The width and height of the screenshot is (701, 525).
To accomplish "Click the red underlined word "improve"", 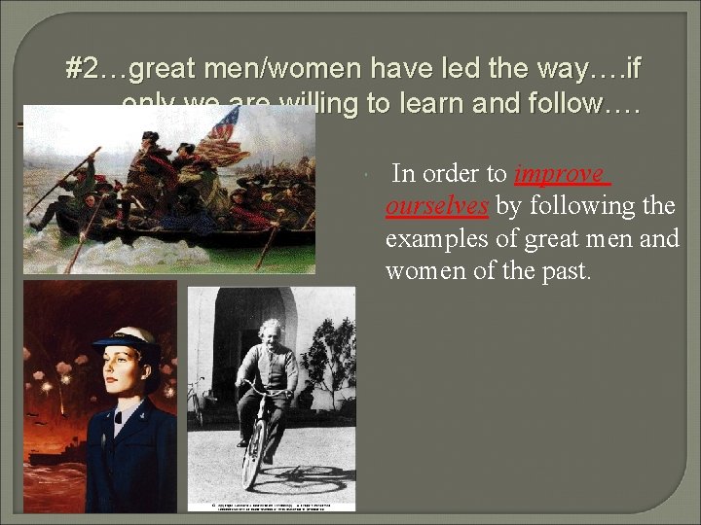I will [560, 175].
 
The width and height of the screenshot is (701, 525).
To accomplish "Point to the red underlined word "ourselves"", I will [437, 206].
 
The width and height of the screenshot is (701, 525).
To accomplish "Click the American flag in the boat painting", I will [224, 125].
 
